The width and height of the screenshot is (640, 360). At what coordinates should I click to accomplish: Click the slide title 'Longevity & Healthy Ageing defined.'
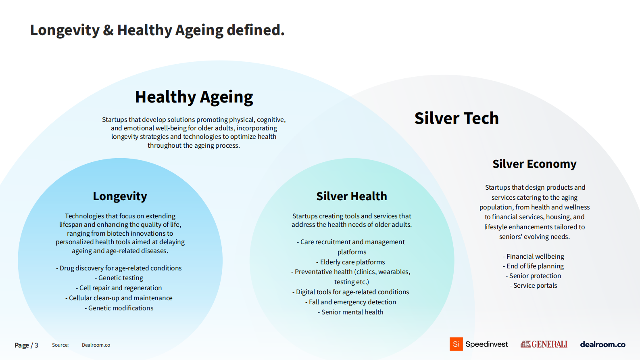(157, 30)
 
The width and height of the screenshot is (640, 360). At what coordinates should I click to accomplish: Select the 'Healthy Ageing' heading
(194, 97)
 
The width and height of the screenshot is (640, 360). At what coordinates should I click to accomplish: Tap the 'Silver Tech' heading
(457, 118)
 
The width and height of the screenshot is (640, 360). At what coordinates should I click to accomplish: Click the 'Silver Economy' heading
(534, 164)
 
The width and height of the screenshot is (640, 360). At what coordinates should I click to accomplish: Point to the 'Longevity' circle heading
(120, 197)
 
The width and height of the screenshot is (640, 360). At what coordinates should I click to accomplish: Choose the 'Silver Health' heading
(352, 196)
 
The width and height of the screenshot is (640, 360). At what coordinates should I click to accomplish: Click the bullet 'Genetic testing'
(119, 278)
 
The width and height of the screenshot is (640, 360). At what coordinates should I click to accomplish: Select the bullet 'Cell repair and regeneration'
(119, 288)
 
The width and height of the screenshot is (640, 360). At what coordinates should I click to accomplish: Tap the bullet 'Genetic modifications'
(119, 308)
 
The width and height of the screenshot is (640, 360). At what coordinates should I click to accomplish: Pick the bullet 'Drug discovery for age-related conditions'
(119, 268)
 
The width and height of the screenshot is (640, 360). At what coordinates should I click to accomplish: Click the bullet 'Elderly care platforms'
(350, 262)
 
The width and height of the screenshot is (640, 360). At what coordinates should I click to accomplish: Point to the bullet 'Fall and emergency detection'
(350, 302)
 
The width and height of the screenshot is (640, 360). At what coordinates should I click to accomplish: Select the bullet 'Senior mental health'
(350, 312)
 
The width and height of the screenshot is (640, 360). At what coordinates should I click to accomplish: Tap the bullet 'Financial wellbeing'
(534, 257)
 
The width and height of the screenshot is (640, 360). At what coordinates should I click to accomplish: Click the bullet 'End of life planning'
(534, 266)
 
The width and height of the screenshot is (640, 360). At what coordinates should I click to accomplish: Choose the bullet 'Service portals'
(534, 285)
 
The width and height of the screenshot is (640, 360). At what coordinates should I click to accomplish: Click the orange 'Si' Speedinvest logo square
(456, 344)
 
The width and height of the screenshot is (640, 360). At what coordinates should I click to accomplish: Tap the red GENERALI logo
(544, 344)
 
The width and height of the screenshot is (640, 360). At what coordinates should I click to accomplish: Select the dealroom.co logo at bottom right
(602, 345)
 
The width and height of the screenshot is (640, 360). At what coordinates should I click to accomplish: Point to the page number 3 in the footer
(36, 345)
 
